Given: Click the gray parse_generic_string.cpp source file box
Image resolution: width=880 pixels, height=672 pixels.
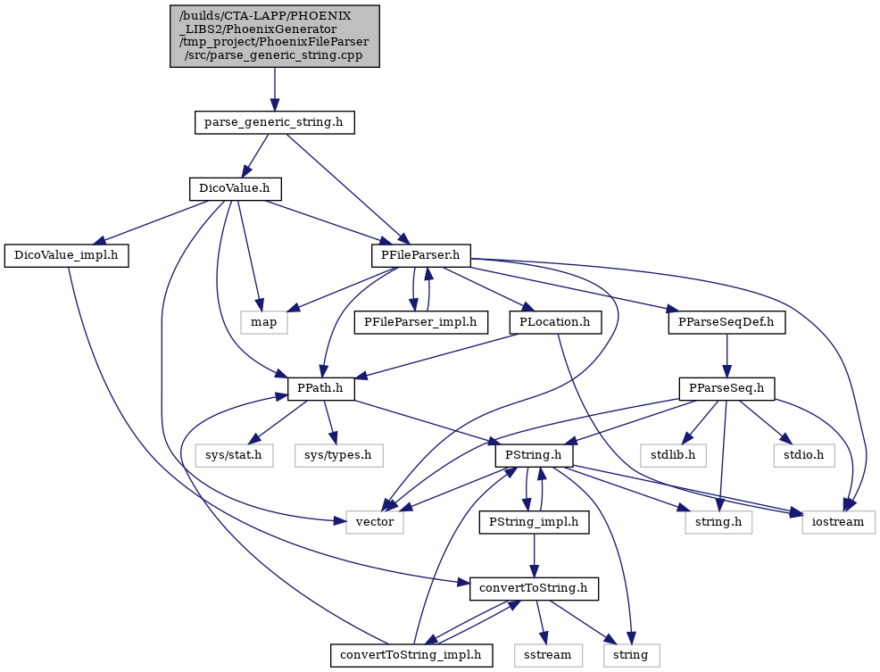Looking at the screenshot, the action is [x=274, y=37].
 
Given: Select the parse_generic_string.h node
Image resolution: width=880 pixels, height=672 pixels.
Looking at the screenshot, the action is [x=274, y=122].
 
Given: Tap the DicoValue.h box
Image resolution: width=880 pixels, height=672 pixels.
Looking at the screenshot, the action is [x=236, y=188].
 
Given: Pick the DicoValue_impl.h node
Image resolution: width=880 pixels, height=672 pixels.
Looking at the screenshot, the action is [x=66, y=255].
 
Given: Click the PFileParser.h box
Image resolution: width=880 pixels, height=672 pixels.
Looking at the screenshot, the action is [x=421, y=255].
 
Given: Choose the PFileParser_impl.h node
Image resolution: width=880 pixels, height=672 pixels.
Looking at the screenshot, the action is [x=421, y=322].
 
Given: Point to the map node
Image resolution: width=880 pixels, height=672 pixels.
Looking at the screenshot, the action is [x=264, y=322].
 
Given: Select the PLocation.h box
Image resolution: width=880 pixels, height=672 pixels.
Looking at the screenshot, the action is [x=556, y=322].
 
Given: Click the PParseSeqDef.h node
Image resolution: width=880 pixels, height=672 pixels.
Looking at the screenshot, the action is [x=726, y=322].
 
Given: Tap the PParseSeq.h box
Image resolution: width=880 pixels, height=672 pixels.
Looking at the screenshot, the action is [x=726, y=388].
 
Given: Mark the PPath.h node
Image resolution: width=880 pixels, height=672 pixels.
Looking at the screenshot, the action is [x=321, y=388].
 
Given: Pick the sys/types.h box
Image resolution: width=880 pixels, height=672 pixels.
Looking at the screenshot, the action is [x=339, y=455].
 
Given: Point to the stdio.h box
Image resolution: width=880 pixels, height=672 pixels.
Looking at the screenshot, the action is [x=804, y=455].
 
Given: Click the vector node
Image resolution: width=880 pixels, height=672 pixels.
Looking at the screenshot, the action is [x=375, y=522].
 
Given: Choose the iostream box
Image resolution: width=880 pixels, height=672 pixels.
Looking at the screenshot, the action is [x=838, y=522].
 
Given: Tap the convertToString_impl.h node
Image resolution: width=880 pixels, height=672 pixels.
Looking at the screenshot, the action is [x=411, y=655].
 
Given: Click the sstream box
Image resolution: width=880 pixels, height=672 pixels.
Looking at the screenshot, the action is [x=548, y=655].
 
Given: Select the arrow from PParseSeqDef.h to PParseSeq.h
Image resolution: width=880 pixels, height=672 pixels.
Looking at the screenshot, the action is [x=726, y=356].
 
